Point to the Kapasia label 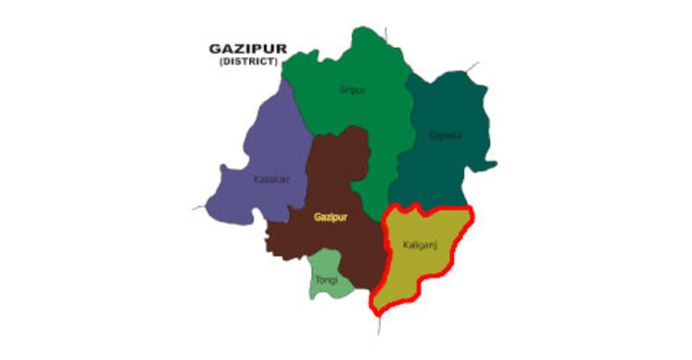446,137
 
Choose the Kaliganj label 420,245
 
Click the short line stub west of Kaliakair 198,208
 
